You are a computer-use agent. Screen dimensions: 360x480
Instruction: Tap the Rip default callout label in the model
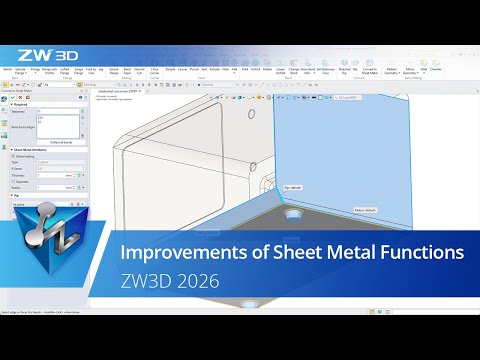click(x=293, y=186)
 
